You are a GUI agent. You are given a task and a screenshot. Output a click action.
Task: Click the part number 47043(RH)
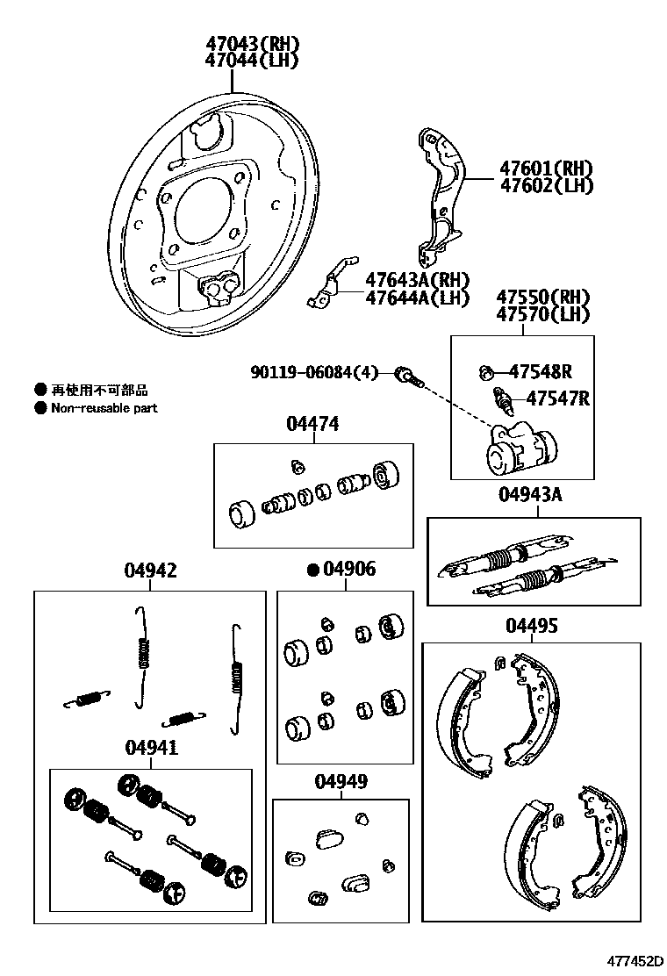click(x=251, y=44)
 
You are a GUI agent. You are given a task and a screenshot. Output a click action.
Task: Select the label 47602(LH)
click(x=546, y=185)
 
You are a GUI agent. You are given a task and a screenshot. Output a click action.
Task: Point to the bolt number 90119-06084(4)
click(x=313, y=373)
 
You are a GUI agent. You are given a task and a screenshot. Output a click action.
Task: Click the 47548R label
click(x=540, y=371)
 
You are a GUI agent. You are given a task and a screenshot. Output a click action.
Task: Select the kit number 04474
click(x=312, y=425)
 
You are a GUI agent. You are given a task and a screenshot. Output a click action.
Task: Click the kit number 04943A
click(x=530, y=494)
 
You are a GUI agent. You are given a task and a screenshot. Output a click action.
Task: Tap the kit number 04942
click(x=150, y=571)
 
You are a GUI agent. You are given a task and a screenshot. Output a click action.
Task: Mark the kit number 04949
click(x=341, y=781)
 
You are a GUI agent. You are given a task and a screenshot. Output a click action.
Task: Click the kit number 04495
click(x=531, y=626)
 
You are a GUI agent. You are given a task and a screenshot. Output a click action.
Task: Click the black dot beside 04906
click(x=312, y=571)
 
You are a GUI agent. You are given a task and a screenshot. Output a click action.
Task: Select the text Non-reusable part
click(x=104, y=408)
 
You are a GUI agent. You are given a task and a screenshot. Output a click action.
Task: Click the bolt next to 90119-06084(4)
click(x=408, y=377)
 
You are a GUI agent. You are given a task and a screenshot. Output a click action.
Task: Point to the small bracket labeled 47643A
click(x=332, y=285)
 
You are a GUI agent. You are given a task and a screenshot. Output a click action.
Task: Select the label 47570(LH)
click(x=543, y=314)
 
